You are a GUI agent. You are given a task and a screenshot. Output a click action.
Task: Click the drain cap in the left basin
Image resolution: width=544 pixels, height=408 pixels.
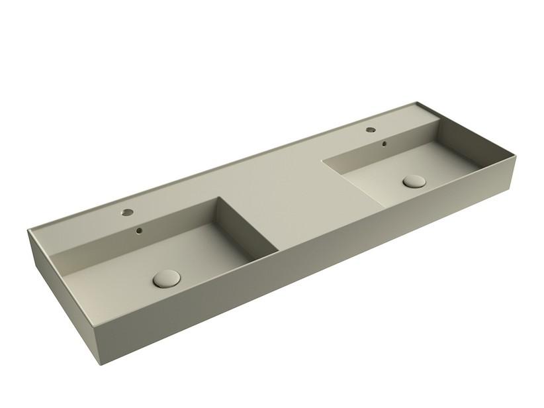tap(166, 278)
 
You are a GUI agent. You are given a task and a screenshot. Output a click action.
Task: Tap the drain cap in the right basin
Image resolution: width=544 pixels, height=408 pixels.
tap(414, 181)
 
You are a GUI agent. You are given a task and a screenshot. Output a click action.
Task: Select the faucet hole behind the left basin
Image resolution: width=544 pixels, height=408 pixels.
tap(126, 213)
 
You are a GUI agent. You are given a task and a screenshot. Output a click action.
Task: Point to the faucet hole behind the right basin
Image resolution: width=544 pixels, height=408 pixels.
tap(371, 130)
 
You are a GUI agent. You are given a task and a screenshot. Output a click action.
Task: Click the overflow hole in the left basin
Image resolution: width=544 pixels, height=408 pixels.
tap(139, 231)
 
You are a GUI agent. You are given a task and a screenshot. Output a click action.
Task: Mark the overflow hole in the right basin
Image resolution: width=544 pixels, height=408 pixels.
tap(383, 143)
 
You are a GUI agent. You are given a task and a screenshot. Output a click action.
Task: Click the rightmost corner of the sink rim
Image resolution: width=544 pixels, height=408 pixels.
tap(514, 158)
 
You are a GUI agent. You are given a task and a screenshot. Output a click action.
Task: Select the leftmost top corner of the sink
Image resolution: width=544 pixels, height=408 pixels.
tap(28, 230)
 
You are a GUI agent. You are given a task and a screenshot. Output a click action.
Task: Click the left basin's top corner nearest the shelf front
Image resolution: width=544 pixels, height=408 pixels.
tap(279, 251)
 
